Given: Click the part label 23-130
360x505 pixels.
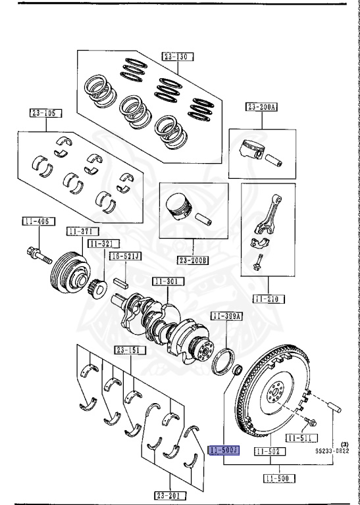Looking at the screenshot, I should point(176,57).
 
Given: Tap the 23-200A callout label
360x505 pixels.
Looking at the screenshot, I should point(262,107).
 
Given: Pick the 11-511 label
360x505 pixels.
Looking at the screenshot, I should point(301,438).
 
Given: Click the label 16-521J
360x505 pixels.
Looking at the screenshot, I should point(124,256).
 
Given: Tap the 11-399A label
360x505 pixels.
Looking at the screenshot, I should point(227,316).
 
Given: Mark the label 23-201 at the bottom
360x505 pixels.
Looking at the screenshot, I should point(170,495).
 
